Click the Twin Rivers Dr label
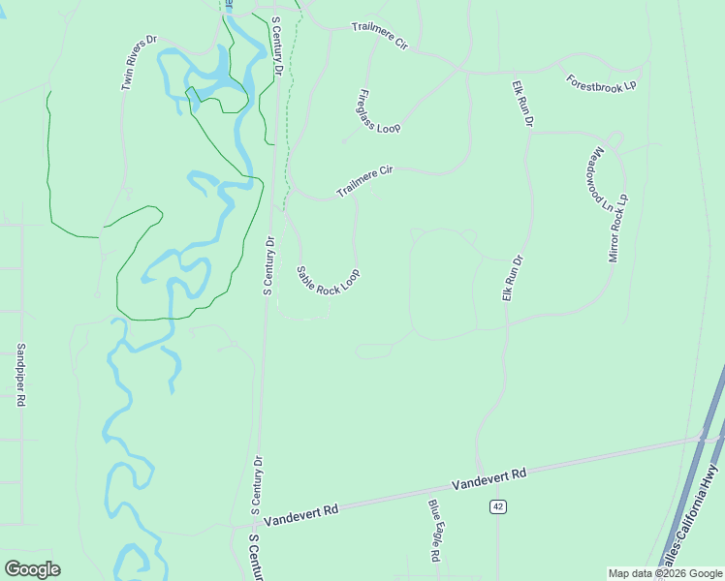pos(139,64)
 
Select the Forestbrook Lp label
pos(601,81)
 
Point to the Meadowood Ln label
pos(601,178)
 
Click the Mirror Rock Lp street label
pos(618,229)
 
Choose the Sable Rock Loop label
pos(328,282)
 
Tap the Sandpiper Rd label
pos(20,375)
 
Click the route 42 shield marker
pos(498,506)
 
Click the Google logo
pos(32,568)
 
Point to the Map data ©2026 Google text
pos(666,573)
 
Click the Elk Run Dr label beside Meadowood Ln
pos(522,103)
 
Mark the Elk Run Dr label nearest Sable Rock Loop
pos(512,278)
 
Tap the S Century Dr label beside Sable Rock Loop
pos(269,265)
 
